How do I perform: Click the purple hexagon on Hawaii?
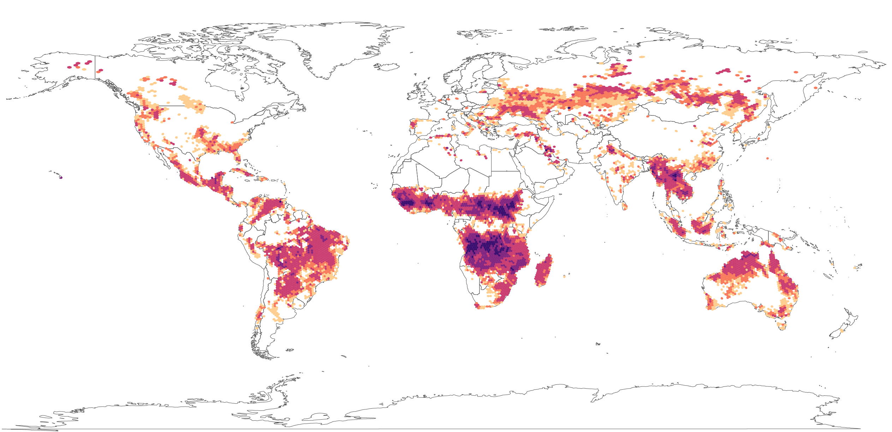point(61,178)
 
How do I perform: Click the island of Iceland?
point(387,67)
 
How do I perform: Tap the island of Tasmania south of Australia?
point(782,325)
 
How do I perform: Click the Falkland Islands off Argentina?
point(290,350)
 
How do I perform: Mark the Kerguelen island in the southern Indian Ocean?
point(598,344)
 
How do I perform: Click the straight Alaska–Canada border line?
point(95,67)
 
